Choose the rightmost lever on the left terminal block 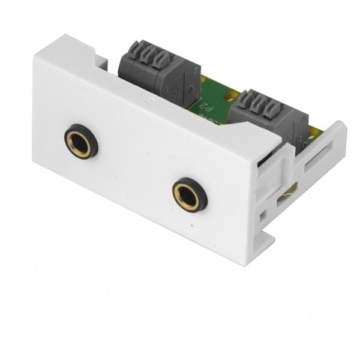160,61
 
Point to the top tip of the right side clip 342,125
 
